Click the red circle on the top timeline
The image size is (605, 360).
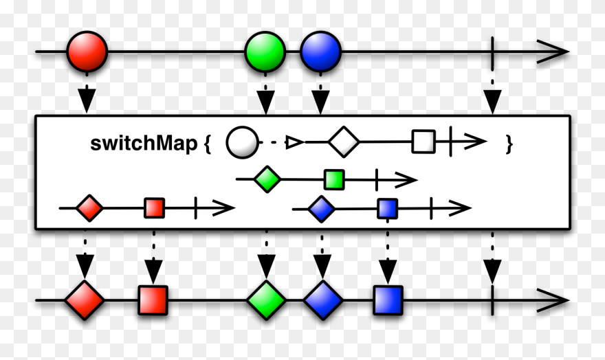87,51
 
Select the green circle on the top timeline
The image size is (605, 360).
265,51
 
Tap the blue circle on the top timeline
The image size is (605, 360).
320,51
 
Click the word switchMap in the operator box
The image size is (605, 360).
144,144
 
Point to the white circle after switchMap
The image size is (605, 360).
243,144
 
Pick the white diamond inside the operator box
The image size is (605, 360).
344,143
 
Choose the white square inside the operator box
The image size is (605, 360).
423,143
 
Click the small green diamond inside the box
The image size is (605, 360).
267,181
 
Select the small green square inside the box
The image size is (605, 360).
334,181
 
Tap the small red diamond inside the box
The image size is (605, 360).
89,207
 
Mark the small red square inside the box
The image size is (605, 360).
155,207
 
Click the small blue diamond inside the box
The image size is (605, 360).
320,209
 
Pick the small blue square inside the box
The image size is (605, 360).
388,208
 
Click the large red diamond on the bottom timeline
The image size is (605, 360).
85,300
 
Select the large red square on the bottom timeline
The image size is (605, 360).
153,300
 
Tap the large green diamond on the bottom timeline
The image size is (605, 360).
266,300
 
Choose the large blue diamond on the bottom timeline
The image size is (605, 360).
322,300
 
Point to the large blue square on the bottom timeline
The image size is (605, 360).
388,300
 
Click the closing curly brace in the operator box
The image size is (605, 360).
509,144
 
